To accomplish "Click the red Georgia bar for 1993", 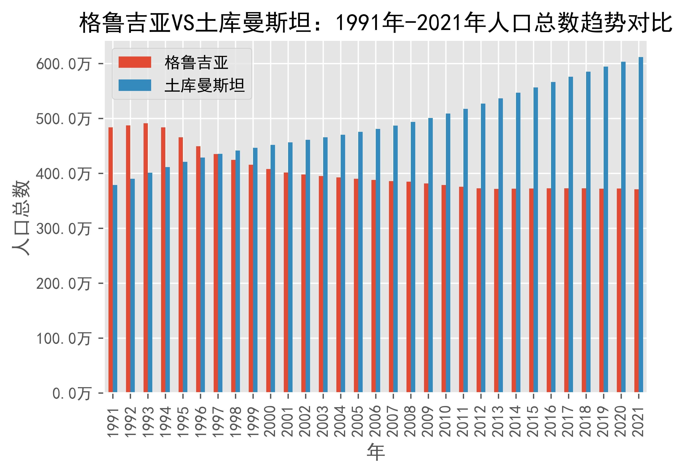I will [145, 258].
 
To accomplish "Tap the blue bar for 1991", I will [115, 289].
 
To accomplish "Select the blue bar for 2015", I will [536, 240].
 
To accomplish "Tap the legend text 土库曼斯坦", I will [205, 86].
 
